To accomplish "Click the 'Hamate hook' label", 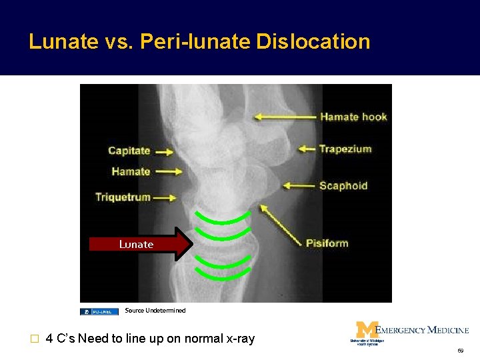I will coord(353,117).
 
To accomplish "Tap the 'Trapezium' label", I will coord(345,149).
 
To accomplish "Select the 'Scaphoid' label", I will coord(343,185).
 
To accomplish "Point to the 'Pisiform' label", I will coord(327,243).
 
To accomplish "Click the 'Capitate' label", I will coord(129,151).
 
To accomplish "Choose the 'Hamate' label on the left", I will coord(131,171).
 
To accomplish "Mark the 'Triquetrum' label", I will coord(123,197).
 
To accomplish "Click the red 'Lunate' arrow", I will coord(141,244).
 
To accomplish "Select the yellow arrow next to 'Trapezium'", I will coord(306,149).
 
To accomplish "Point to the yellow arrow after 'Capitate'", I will coord(165,152).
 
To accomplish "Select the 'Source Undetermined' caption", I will coord(155,311).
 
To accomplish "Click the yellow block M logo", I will coord(365,330).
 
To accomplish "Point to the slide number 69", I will coord(460,350).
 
